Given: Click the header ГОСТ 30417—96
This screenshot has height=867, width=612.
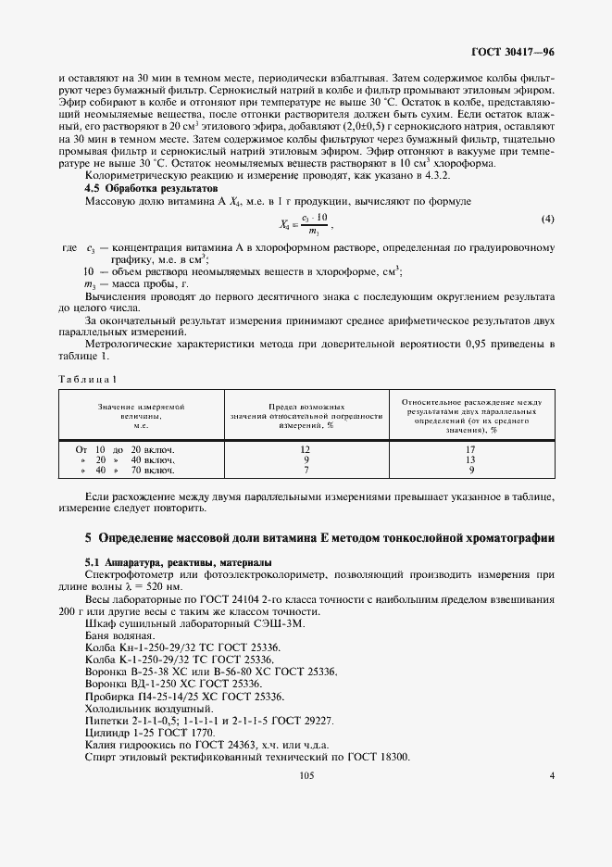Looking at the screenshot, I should (x=513, y=53).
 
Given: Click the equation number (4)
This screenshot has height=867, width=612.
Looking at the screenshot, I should (x=547, y=220).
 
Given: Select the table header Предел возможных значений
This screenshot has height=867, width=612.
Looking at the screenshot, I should (x=306, y=416).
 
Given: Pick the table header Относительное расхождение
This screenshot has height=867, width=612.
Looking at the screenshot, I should (x=471, y=416).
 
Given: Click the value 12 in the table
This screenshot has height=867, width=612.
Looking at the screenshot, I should (x=306, y=448).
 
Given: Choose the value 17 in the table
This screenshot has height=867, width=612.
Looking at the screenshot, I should (x=471, y=448).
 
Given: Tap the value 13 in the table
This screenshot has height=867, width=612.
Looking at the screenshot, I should (x=471, y=459).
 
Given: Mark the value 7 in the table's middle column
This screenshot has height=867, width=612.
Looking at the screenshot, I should (x=306, y=470).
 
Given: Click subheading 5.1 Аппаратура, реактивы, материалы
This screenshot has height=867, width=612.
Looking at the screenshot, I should (x=179, y=562).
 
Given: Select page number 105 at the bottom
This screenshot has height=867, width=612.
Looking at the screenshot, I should (x=306, y=776).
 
